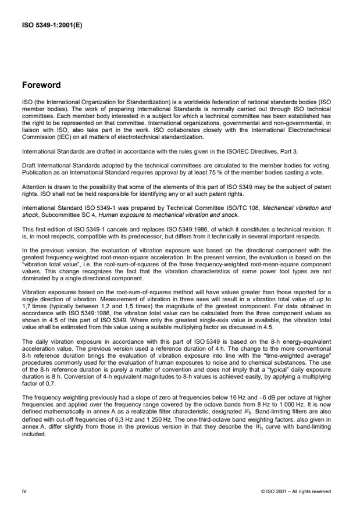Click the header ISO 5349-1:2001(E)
(53, 25)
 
